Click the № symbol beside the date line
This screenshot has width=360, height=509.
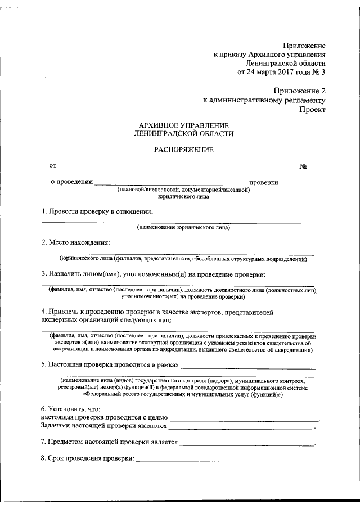pyautogui.click(x=303, y=167)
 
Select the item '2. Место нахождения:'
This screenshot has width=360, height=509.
pyautogui.click(x=75, y=242)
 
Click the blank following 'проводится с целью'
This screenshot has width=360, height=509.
pyautogui.click(x=243, y=420)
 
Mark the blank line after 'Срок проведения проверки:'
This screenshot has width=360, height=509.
pyautogui.click(x=225, y=461)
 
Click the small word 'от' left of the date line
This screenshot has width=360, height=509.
pyautogui.click(x=53, y=165)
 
